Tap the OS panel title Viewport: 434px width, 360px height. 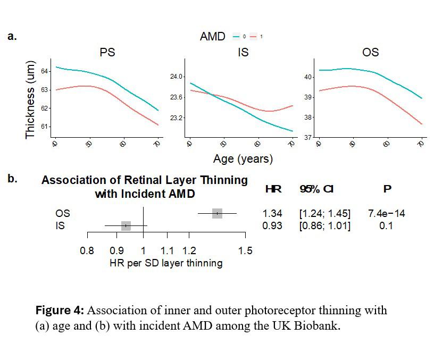(x=370, y=53)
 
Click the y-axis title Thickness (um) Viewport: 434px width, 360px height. (x=31, y=99)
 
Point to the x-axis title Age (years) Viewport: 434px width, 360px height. (x=243, y=158)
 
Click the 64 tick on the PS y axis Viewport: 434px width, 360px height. (x=45, y=71)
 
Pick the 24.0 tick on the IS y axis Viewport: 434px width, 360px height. (x=176, y=77)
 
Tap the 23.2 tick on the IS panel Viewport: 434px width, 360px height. (x=176, y=118)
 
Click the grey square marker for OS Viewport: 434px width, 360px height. (x=217, y=213)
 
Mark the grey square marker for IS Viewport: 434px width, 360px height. (x=126, y=225)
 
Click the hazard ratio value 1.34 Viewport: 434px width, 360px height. (x=272, y=213)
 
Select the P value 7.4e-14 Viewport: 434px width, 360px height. (x=386, y=213)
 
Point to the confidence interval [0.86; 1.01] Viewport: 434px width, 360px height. (x=324, y=225)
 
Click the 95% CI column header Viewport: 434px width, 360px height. (x=316, y=189)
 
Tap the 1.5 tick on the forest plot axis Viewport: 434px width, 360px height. (x=245, y=250)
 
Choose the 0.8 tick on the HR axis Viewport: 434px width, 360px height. (x=87, y=250)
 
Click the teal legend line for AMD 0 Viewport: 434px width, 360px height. (x=236, y=37)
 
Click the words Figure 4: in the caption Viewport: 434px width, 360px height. (x=60, y=310)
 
